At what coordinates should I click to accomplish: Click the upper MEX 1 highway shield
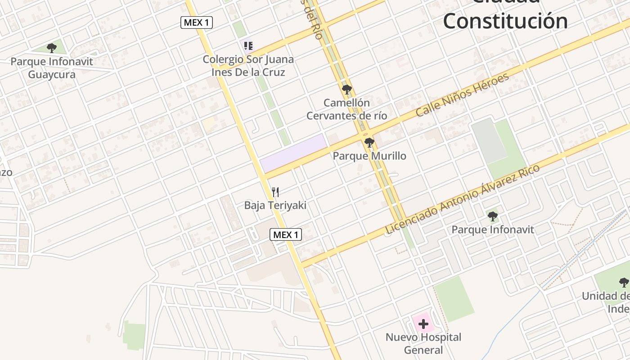[196, 22]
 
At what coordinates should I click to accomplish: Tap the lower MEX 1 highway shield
[286, 234]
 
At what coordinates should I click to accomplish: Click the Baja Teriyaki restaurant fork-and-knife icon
[275, 192]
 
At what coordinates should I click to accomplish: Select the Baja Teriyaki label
[275, 206]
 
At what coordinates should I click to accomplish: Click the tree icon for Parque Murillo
[369, 143]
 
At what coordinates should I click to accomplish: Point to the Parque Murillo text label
[369, 156]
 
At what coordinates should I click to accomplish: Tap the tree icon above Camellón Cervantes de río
[346, 90]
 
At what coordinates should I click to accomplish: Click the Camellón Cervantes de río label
[346, 109]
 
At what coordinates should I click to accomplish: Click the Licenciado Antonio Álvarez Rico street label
[462, 199]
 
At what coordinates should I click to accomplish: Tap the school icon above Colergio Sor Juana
[248, 45]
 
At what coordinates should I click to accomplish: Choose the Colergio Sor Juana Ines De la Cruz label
[248, 66]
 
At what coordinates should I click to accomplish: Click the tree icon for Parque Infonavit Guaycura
[52, 48]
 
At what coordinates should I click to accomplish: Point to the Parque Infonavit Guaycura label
[52, 68]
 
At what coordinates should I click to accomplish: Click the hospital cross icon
[423, 324]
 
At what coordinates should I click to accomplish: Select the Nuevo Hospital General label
[423, 343]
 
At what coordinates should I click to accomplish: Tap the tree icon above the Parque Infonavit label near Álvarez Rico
[493, 216]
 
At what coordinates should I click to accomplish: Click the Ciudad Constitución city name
[505, 18]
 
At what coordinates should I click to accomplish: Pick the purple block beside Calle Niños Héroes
[293, 153]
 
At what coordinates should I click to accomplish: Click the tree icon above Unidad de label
[624, 283]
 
